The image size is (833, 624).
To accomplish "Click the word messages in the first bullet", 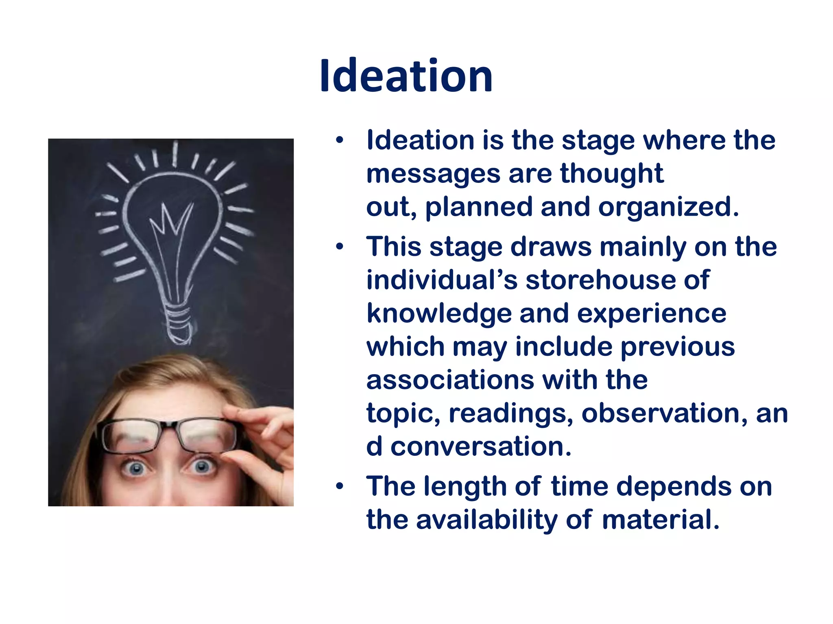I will click(433, 174).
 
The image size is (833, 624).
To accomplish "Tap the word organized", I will click(668, 207).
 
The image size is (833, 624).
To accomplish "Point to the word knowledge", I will click(439, 314).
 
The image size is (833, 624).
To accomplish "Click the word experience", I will click(652, 314).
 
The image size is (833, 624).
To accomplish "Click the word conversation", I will click(481, 446).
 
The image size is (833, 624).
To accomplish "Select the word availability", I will click(486, 520).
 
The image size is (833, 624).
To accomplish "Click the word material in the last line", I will click(661, 520).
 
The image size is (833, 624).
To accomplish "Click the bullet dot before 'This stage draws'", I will click(340, 247).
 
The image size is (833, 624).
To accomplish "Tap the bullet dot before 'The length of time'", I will click(340, 486).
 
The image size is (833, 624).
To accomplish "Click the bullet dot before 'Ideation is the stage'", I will click(340, 141).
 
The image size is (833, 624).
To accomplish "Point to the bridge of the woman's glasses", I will click(170, 427).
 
